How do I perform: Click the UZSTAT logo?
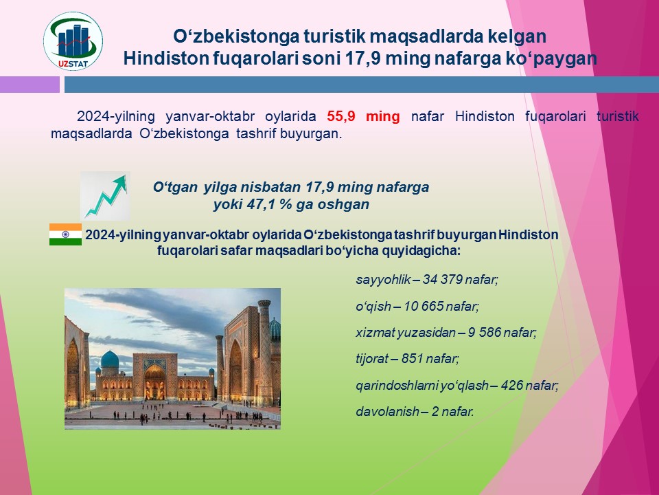coord(73,41)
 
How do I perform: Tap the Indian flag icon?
coord(66,234)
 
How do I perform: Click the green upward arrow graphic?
coord(105,196)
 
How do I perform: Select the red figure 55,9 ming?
coord(364,116)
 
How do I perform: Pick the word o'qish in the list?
coord(373,307)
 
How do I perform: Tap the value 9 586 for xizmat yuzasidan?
coord(484,333)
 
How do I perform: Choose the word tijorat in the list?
coord(372,359)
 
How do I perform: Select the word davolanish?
coord(387,411)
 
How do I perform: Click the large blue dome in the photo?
coord(110,360)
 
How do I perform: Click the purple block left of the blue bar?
coord(30,84)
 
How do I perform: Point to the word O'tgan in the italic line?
coord(175,187)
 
